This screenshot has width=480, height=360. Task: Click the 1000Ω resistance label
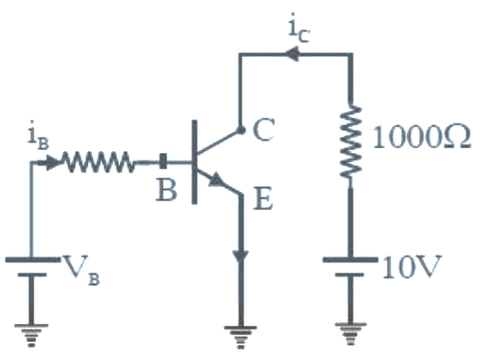(422, 138)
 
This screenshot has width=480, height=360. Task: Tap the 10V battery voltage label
(412, 267)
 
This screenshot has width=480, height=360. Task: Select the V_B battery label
(82, 271)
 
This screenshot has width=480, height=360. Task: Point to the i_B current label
(38, 135)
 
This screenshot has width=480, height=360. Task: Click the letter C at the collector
(263, 129)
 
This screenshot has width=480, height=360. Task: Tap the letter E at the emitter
(263, 199)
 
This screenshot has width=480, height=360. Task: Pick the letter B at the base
(166, 190)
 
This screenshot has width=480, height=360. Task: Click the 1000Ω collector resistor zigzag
(351, 142)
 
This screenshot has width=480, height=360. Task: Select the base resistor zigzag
(98, 162)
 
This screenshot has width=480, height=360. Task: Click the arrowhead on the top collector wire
(292, 54)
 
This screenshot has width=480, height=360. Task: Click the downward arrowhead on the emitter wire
(240, 257)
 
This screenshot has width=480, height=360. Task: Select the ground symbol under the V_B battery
(31, 335)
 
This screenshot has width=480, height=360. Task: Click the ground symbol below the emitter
(240, 337)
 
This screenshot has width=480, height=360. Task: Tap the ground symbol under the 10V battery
(351, 333)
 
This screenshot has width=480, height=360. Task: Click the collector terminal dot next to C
(240, 130)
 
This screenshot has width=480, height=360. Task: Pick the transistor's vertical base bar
(195, 162)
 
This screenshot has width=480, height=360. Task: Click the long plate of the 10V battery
(350, 260)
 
